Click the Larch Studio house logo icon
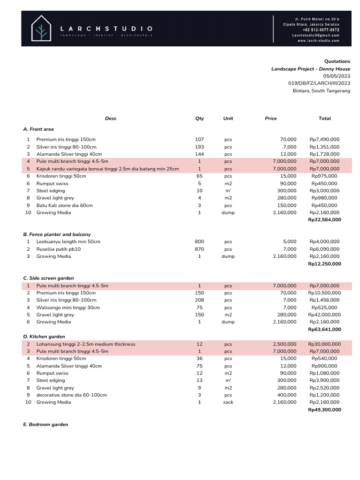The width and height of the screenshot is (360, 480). (41, 28)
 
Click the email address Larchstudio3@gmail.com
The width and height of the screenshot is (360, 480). (315, 35)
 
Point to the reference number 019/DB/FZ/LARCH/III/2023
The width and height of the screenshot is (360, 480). (319, 83)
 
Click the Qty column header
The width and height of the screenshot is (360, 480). (199, 119)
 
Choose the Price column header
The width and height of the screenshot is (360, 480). (271, 119)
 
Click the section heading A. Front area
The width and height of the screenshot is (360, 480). (38, 129)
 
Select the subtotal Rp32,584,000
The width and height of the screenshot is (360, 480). (324, 220)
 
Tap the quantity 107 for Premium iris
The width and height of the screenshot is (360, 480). (199, 140)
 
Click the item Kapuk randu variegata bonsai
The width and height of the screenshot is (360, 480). (107, 169)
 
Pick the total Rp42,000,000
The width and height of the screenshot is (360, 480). (324, 315)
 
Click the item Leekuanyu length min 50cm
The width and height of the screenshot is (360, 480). (68, 242)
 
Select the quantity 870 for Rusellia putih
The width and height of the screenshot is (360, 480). (199, 249)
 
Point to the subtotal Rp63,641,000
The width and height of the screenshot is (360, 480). (324, 330)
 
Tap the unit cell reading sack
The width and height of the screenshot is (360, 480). (228, 402)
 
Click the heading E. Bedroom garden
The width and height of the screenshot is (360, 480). (45, 424)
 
